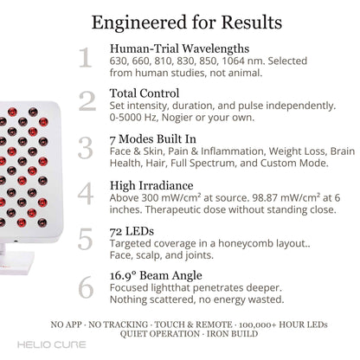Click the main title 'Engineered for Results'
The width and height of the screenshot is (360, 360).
coord(187,22)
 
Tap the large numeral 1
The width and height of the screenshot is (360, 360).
coord(86,58)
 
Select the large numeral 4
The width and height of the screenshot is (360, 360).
coord(86,194)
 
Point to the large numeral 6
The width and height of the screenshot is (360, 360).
coord(86,287)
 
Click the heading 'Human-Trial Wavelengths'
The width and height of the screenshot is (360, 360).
coord(179,48)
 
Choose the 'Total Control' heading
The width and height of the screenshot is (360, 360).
coord(145,93)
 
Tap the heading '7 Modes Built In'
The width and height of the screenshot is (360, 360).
coord(153,139)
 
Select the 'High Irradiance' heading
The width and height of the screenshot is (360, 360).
coord(151,185)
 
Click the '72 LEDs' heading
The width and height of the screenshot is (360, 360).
coord(132,231)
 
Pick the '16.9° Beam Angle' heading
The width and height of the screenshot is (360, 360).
coord(156,275)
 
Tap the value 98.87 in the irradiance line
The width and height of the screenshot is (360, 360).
coord(265,198)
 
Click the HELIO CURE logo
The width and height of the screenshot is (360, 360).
coord(52,344)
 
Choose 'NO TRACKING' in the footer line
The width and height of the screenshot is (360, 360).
coord(118,325)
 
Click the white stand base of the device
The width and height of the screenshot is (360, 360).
coord(15,262)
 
